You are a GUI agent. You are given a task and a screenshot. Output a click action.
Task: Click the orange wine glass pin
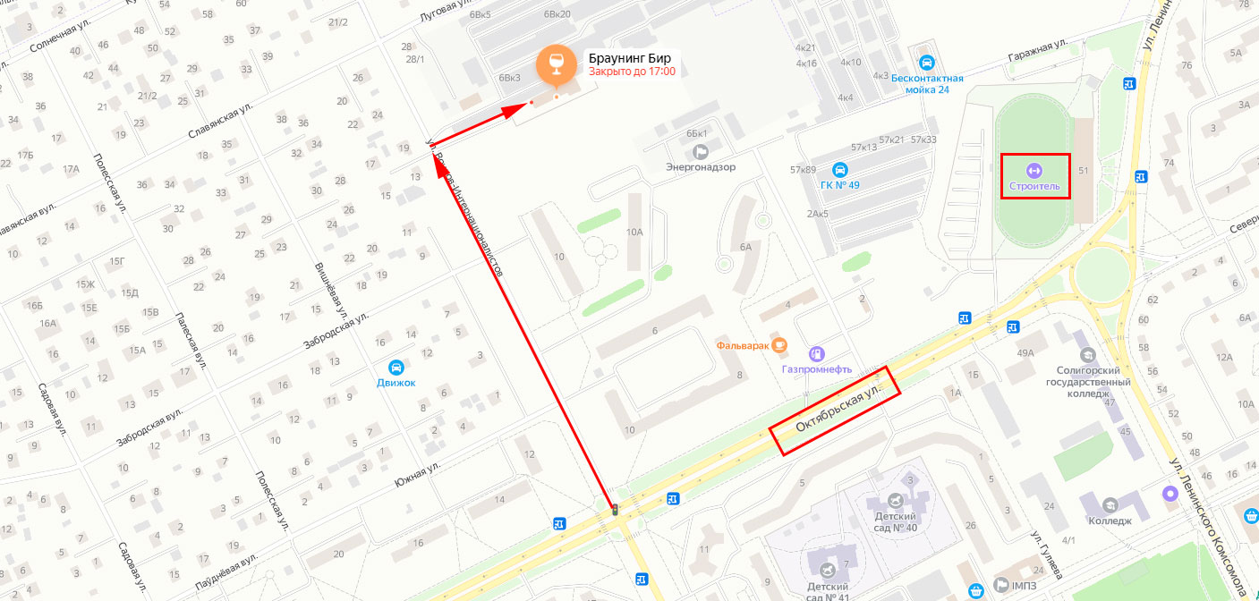coord(556,63)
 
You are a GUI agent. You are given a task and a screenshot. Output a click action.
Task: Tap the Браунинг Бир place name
coord(629,59)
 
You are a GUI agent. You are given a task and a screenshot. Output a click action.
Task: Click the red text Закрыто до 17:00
coord(632,72)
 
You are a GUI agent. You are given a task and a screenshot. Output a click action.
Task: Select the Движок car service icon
coord(396,367)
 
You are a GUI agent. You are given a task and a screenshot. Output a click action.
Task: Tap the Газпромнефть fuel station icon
coord(816,353)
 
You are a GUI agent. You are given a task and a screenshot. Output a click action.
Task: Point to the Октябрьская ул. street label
coord(836,411)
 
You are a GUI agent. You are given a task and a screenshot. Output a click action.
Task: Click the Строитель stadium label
coord(1034,186)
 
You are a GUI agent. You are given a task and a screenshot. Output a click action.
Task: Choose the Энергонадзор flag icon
coord(701,150)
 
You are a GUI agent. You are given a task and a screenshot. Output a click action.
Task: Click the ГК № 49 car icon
coord(839,169)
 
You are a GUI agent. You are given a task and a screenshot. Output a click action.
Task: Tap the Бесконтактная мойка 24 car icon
coord(927,63)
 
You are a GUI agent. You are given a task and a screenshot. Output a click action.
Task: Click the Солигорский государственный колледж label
coord(1089,381)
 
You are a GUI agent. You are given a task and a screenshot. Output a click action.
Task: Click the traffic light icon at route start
coord(615,510)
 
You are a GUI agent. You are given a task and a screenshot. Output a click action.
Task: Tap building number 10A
coord(634,232)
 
